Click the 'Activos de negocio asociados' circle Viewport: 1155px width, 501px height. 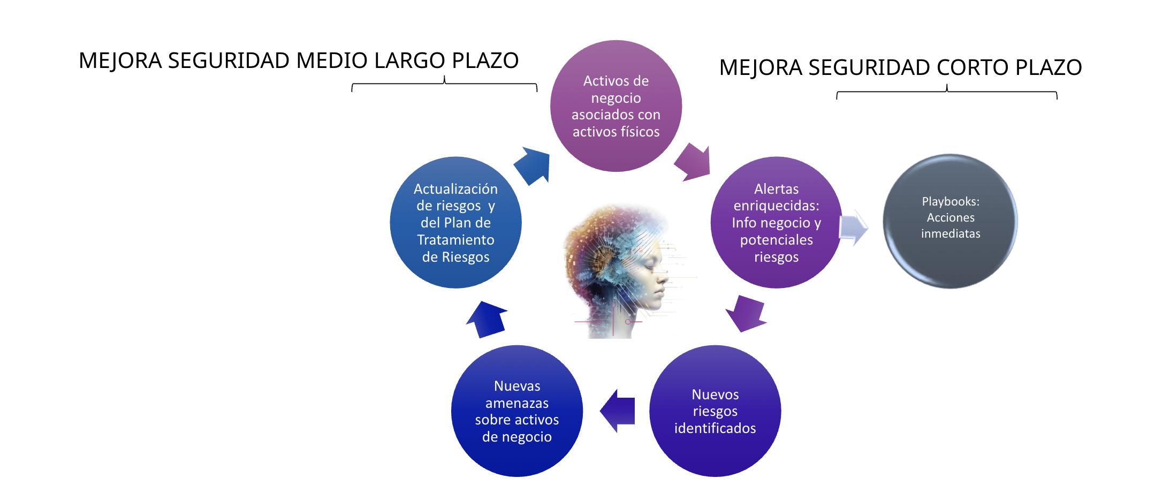(616, 106)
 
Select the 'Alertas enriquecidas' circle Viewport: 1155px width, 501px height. (776, 223)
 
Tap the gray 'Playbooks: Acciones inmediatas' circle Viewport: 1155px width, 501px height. (950, 221)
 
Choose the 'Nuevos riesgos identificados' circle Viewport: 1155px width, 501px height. (715, 411)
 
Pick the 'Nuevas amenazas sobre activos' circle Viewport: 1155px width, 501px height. (517, 411)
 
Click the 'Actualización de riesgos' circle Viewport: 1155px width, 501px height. (455, 223)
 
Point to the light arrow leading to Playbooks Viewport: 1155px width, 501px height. (853, 227)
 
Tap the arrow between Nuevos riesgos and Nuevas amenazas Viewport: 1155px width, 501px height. (618, 411)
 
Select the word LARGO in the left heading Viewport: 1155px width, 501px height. (409, 61)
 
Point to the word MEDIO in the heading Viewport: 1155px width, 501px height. (332, 61)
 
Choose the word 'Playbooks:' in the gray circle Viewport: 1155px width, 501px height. (951, 202)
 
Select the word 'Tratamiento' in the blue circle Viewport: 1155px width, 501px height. (455, 240)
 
